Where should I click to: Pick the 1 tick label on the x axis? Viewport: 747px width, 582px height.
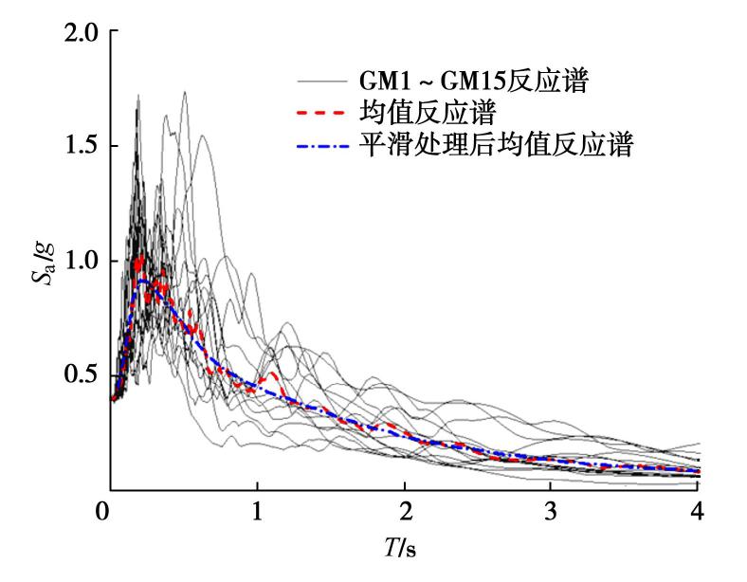coord(257,515)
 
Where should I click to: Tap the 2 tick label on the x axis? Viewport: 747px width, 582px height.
coord(405,515)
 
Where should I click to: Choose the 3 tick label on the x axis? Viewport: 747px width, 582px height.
coord(552,515)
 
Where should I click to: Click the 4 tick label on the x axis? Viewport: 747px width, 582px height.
coord(699,515)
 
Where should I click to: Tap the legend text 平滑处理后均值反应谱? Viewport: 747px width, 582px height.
coord(496,146)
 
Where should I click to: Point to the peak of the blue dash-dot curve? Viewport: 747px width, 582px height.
coord(142,281)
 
